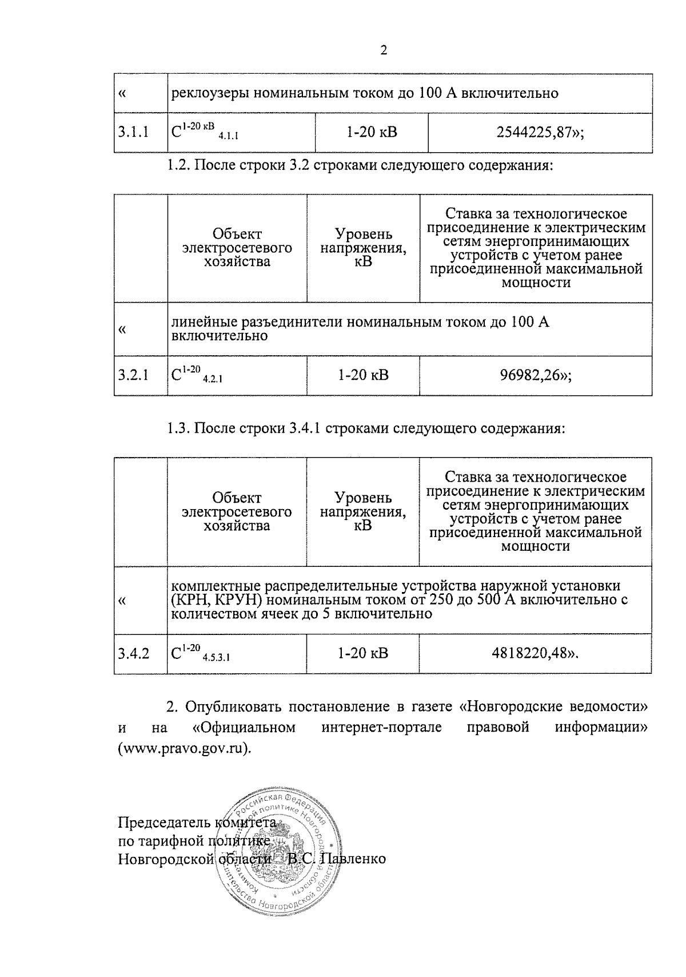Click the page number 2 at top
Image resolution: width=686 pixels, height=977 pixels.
(x=384, y=51)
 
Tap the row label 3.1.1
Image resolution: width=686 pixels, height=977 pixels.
(x=134, y=133)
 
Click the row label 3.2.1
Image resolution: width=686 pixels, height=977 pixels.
(x=134, y=375)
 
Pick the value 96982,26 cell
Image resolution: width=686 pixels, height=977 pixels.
(x=535, y=375)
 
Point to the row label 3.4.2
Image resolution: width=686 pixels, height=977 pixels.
(x=134, y=653)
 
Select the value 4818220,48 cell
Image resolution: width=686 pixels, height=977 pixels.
(x=535, y=653)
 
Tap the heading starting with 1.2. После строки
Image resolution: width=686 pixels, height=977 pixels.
(x=360, y=166)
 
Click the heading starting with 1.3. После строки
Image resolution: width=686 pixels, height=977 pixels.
(x=366, y=428)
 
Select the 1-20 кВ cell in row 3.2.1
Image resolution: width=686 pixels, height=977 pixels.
(x=363, y=375)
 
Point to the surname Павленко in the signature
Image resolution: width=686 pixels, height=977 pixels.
(x=352, y=859)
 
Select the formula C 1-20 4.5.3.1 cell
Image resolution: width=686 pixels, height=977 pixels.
(x=200, y=653)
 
